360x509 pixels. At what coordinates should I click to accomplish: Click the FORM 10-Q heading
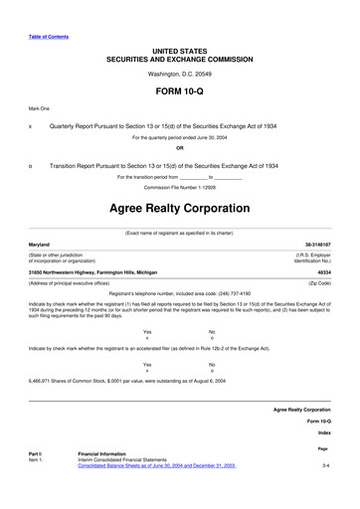tap(180, 89)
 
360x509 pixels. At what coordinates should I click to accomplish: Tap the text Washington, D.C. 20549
tap(180, 74)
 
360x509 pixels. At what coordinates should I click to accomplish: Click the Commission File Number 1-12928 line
tap(180, 186)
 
